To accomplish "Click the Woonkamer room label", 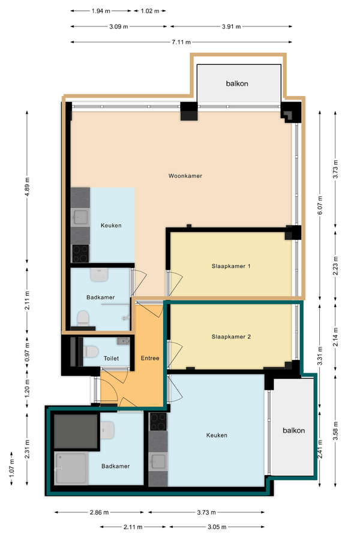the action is (185, 176).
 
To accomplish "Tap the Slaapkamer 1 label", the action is (231, 266).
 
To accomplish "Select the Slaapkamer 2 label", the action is (231, 337).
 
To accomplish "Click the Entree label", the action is (150, 358).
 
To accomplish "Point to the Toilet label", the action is (111, 359).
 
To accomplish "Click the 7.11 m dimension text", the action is (181, 42).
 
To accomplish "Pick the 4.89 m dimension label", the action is (28, 187).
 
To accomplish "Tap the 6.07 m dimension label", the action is (320, 205).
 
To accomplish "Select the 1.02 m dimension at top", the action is (150, 11).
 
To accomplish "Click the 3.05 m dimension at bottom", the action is (217, 527).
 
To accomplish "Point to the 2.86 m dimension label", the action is (99, 512).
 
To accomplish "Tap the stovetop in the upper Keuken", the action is (80, 253).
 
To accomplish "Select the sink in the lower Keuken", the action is (158, 461).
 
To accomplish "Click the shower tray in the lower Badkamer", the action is (71, 469).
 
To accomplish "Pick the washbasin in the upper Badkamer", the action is (100, 275).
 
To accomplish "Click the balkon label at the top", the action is (237, 83).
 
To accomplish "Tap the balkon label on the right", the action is (294, 430).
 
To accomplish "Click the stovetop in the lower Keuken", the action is (158, 422).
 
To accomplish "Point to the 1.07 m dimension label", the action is (12, 469).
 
